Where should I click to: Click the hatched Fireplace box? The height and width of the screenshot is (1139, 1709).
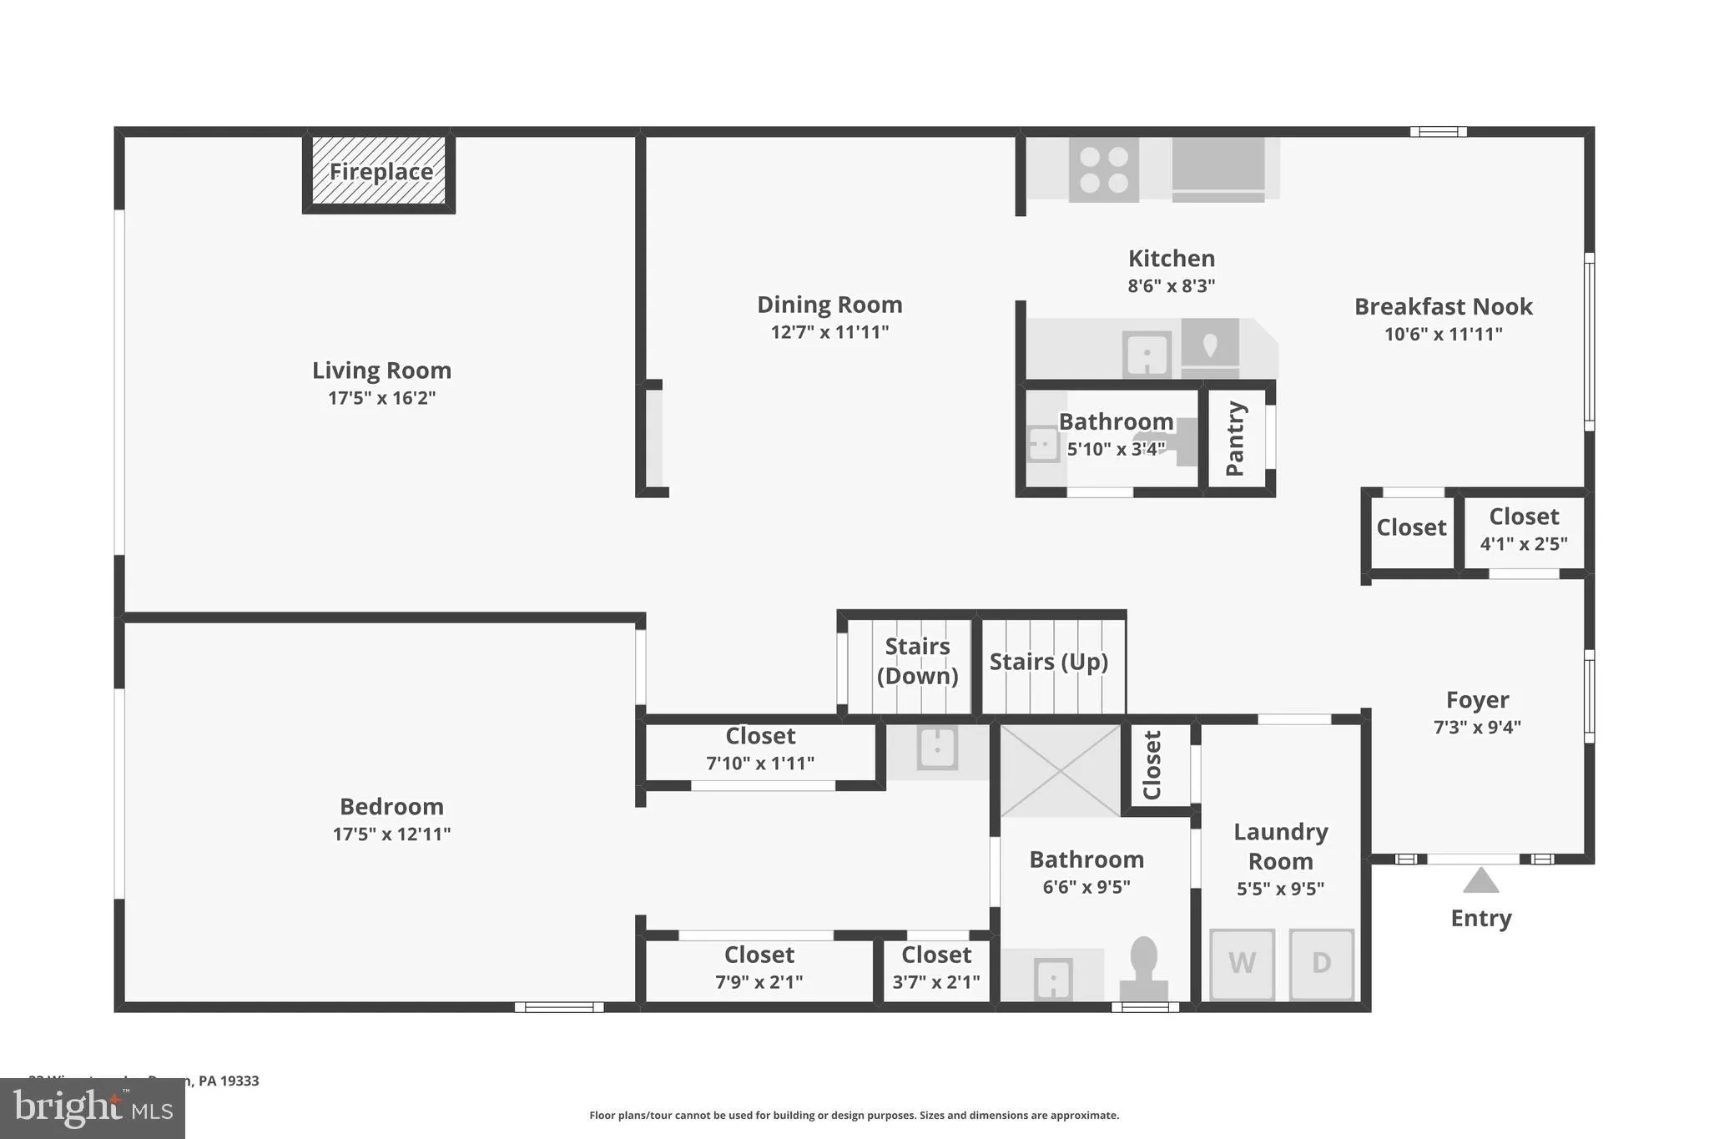[x=380, y=171]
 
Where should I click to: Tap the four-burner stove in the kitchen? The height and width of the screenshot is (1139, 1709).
[x=1103, y=170]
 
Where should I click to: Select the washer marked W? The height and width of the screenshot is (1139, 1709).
[x=1242, y=963]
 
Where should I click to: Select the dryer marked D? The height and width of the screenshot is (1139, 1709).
[x=1321, y=963]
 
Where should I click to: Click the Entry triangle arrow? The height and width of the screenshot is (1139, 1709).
[x=1480, y=880]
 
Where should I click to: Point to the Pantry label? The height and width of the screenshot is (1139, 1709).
[x=1236, y=438]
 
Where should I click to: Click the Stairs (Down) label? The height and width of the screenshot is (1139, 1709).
[x=917, y=661]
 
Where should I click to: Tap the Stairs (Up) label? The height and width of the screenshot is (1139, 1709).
[x=1048, y=662]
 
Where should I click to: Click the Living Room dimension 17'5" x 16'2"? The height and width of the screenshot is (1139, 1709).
[x=381, y=398]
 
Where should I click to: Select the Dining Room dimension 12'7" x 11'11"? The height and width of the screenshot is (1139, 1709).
[x=829, y=332]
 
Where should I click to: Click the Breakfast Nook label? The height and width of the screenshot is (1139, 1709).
[x=1443, y=306]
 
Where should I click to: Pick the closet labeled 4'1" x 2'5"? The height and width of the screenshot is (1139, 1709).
[x=1524, y=530]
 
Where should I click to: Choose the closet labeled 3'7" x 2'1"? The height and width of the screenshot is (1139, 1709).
[x=936, y=968]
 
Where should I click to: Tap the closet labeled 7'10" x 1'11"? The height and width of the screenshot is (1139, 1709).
[x=760, y=749]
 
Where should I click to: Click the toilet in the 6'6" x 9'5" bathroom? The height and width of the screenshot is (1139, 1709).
[x=1143, y=968]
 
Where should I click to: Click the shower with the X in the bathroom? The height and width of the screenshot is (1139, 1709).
[x=1060, y=770]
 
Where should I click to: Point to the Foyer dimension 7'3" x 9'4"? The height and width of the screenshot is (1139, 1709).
[x=1477, y=727]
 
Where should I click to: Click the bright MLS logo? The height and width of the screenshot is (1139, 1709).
[x=93, y=1108]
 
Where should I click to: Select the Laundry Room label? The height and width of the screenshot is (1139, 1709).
[x=1280, y=846]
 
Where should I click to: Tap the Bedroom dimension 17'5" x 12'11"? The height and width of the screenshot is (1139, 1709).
[x=391, y=834]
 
